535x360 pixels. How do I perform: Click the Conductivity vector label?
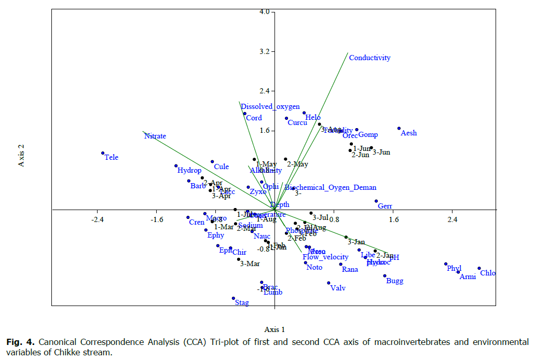click(369, 58)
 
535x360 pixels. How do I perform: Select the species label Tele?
click(112, 157)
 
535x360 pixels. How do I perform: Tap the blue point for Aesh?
click(399, 128)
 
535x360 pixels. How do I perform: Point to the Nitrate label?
click(155, 136)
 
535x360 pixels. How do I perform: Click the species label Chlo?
click(487, 273)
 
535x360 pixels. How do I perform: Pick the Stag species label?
click(242, 302)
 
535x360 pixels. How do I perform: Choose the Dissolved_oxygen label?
click(270, 107)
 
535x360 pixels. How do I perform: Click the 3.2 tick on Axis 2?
click(263, 52)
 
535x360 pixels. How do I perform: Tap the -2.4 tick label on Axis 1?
click(98, 220)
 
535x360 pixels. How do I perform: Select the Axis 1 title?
click(275, 329)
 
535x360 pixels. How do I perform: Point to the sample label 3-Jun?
click(381, 152)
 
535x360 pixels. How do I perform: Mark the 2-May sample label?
click(297, 164)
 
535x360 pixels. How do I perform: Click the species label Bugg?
click(394, 281)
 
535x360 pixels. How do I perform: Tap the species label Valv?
click(338, 288)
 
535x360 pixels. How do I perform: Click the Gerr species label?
click(385, 206)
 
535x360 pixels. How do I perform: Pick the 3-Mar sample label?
click(250, 264)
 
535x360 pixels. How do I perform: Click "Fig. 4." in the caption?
click(21, 342)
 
